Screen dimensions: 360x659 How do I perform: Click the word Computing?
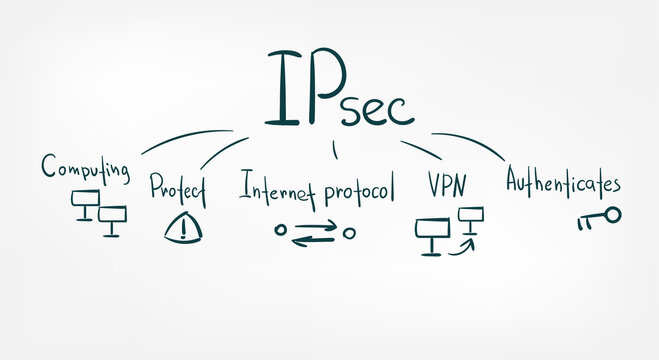[x=85, y=167]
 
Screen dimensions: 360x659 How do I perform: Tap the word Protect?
[x=177, y=187]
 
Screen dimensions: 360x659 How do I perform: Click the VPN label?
[x=446, y=185]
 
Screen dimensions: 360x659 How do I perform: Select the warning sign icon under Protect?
[x=182, y=228]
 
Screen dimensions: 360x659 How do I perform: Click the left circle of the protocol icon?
[x=281, y=231]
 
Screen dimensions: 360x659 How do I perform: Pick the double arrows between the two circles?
[x=315, y=232]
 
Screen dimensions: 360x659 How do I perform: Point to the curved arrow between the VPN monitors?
[x=460, y=243]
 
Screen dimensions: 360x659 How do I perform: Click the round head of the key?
[x=613, y=214]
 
